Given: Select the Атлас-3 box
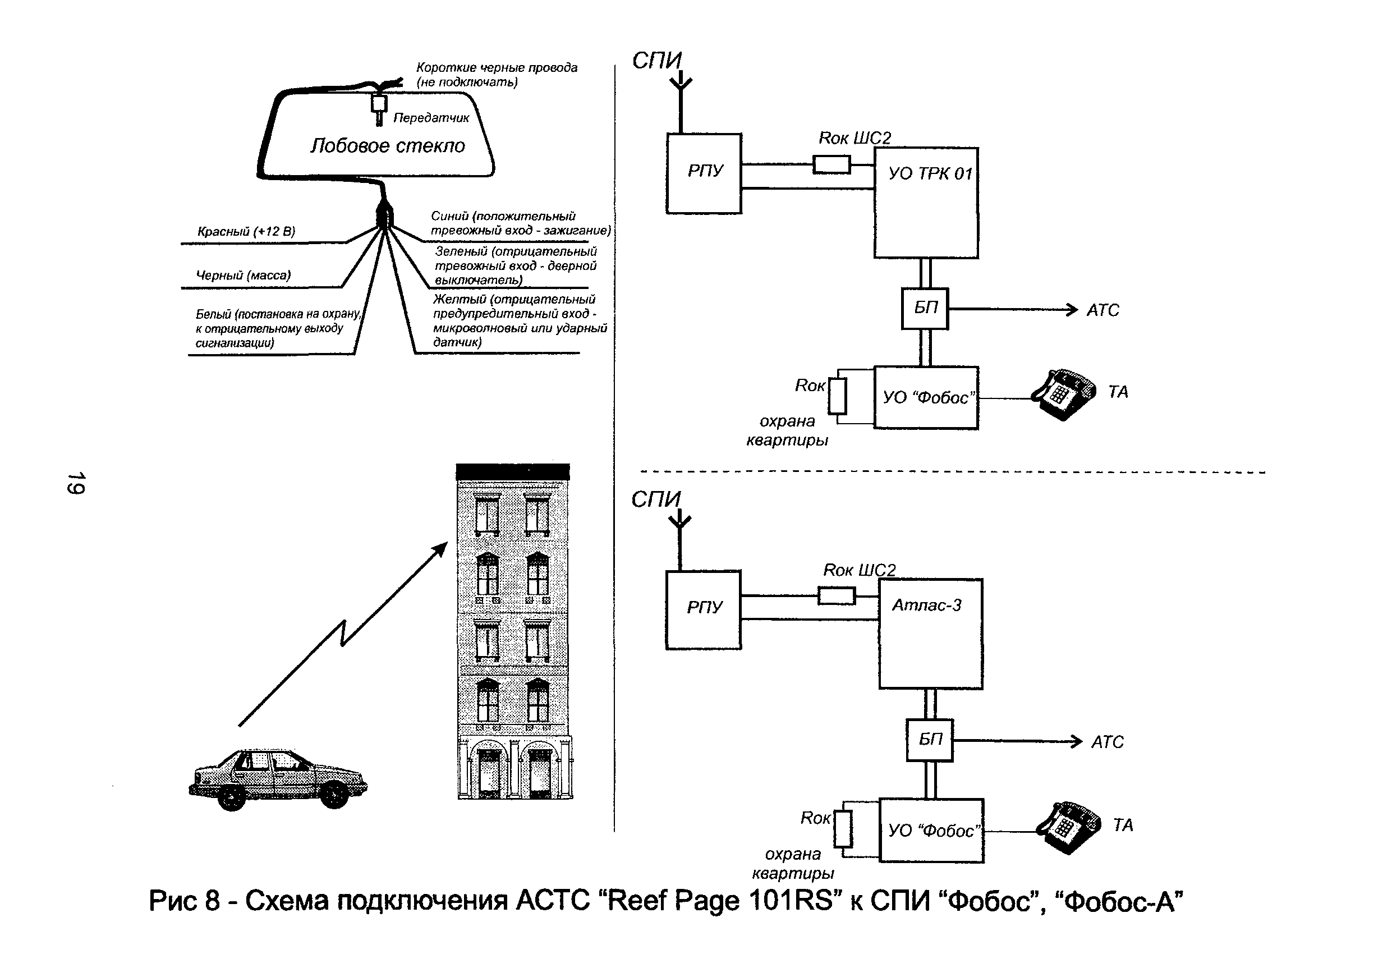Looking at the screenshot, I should [930, 634].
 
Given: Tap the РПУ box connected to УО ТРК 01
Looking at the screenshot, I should [704, 173].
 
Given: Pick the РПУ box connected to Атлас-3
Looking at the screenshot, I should [703, 609].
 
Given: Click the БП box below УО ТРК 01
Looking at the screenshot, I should [925, 309].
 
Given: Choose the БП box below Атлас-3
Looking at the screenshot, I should [929, 740].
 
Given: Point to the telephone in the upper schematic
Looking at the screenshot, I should [1063, 395].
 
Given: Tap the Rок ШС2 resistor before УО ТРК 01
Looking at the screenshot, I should [831, 164].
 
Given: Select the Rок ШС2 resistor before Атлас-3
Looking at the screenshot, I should [836, 596].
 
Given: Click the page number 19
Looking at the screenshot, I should [77, 483].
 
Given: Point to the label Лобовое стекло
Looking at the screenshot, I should [388, 145].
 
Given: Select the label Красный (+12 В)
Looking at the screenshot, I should [246, 231].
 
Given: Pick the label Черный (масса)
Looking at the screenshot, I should [243, 275].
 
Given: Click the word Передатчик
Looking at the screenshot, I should [431, 118].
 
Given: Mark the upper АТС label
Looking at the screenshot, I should [1102, 310].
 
